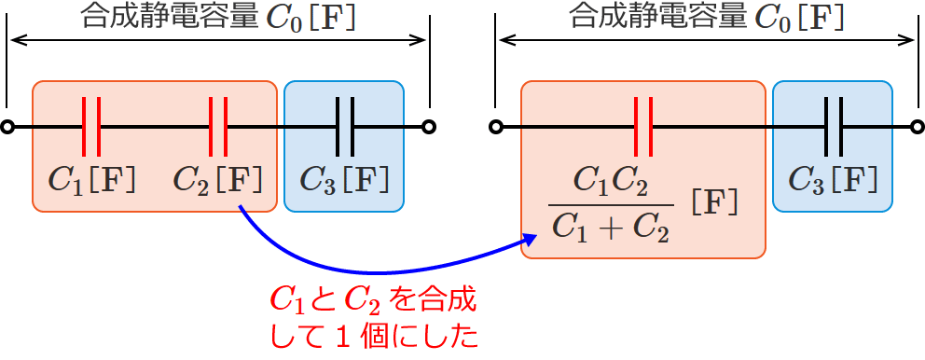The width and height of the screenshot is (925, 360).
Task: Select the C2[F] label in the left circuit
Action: pyautogui.click(x=217, y=178)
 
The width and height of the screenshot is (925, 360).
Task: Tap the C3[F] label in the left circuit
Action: pyautogui.click(x=344, y=178)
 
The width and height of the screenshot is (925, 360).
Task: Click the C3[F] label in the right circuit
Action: pyautogui.click(x=833, y=178)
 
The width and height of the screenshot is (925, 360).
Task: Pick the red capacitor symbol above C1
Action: pyautogui.click(x=91, y=127)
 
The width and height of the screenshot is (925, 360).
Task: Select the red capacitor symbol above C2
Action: pyautogui.click(x=217, y=127)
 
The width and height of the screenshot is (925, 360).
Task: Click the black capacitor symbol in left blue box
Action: pyautogui.click(x=345, y=127)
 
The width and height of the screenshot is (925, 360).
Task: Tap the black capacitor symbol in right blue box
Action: pyautogui.click(x=834, y=127)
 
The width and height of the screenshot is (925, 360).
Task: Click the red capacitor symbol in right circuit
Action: pyautogui.click(x=642, y=127)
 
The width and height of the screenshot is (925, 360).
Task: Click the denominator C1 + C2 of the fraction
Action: pyautogui.click(x=611, y=227)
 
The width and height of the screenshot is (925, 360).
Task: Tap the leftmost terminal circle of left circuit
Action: pyautogui.click(x=7, y=128)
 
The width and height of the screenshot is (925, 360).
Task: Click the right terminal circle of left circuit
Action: pyautogui.click(x=428, y=128)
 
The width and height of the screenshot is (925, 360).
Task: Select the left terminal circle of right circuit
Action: pyautogui.click(x=497, y=128)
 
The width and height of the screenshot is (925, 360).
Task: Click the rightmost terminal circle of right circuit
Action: pyautogui.click(x=917, y=128)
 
